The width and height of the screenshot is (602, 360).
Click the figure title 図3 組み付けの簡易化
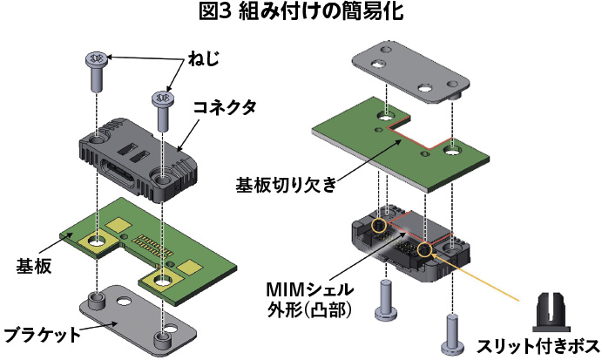(x=301, y=12)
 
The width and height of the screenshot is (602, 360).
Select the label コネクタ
(x=225, y=108)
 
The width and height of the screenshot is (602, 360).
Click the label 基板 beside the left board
(x=34, y=266)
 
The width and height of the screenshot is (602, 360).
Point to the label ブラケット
(x=42, y=335)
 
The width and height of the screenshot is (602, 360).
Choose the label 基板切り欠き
(x=286, y=185)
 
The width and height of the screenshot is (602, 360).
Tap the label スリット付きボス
(x=538, y=346)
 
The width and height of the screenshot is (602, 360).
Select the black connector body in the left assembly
(x=139, y=160)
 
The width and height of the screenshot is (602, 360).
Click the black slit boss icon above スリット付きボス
(x=551, y=312)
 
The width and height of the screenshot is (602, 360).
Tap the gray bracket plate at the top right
(x=411, y=74)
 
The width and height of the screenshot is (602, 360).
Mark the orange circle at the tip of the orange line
(x=424, y=250)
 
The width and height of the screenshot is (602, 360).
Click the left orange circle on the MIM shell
(x=379, y=225)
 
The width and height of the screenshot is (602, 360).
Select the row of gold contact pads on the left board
(x=152, y=247)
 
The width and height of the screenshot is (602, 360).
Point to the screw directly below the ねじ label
(x=163, y=111)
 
